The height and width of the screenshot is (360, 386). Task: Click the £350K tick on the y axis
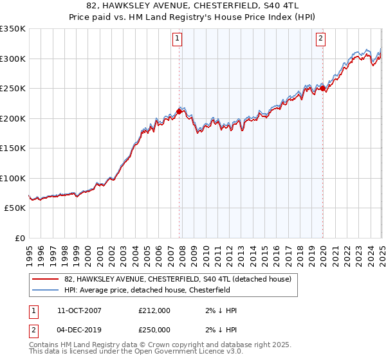12,29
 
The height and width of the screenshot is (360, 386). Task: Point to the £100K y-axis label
12,178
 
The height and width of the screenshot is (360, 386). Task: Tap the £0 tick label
19,238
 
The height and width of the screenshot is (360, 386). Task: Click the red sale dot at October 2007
179,111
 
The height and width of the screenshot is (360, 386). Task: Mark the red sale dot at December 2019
322,89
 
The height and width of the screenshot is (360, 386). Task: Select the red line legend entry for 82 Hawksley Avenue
178,279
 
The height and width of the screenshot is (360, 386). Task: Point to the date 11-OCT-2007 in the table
79,310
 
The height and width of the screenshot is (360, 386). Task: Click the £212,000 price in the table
154,310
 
